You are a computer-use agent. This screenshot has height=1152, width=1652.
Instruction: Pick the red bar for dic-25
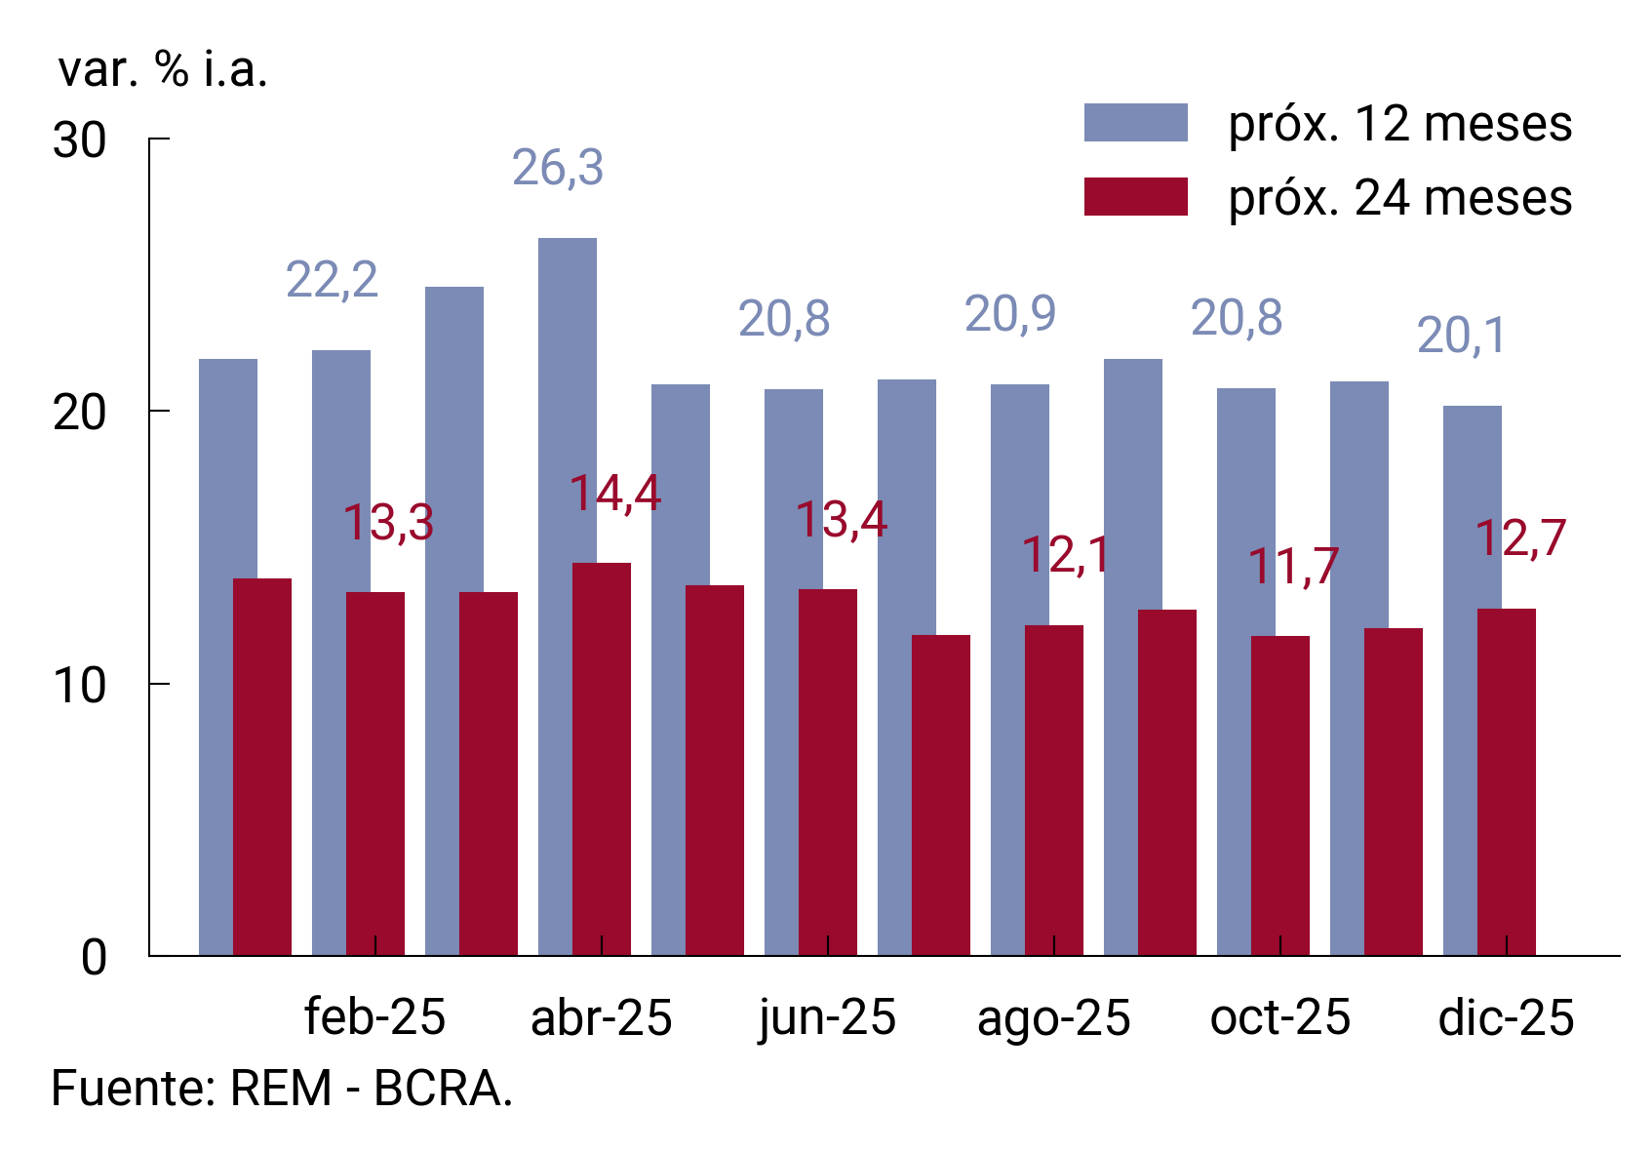pos(1507,780)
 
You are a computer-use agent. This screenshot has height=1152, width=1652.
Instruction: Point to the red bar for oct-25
pos(1280,795)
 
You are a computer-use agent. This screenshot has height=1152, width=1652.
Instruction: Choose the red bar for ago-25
pos(1054,790)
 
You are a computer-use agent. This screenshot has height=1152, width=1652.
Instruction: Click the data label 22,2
pos(332,280)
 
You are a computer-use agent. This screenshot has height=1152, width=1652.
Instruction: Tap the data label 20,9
pos(1010,314)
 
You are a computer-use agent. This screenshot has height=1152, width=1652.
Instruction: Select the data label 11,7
pos(1294,566)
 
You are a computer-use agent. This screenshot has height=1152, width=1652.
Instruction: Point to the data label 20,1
pos(1461,337)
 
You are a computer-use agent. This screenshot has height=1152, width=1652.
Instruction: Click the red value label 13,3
pos(388,522)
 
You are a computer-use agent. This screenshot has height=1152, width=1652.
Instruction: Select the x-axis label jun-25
pos(827,1017)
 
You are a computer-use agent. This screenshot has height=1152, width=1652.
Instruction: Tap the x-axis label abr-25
pos(602,1017)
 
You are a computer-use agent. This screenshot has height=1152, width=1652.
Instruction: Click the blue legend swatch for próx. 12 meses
pos(1135,123)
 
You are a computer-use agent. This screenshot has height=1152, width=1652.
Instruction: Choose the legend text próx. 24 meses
pos(1399,198)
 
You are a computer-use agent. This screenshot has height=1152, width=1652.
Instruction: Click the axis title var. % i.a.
pos(163,69)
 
